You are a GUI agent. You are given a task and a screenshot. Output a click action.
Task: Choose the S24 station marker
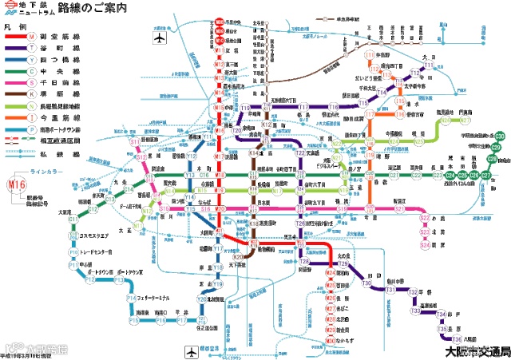coord(425,246)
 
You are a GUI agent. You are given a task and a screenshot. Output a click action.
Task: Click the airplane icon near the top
coord(159,38)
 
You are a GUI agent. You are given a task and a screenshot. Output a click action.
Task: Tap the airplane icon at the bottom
coord(191,351)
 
